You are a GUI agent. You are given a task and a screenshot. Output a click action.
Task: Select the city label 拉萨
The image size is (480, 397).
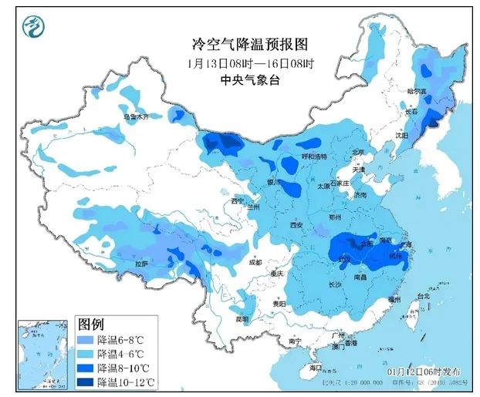point(141,264)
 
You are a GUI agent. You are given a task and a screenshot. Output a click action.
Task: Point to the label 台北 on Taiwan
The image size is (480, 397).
point(422,296)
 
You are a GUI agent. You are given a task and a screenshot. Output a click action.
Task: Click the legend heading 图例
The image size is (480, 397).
point(90,322)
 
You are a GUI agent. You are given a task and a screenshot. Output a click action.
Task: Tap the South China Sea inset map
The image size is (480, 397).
point(42,355)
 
